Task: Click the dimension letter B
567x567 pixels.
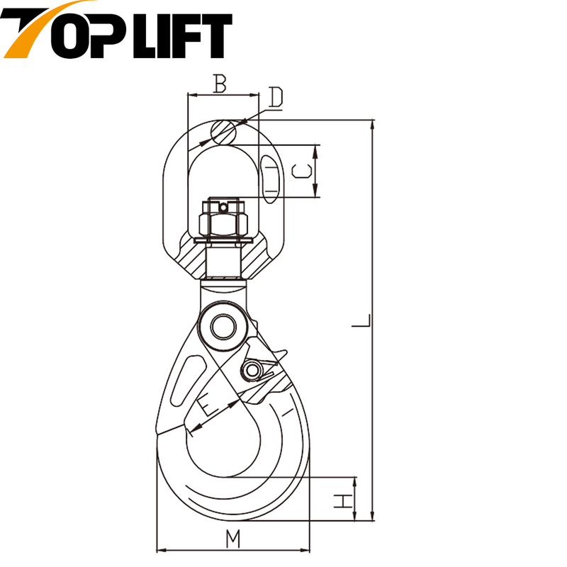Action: tap(220, 84)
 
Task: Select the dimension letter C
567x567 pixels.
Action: tap(302, 171)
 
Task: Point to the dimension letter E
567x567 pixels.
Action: tap(208, 405)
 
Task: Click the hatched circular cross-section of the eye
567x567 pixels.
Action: tap(222, 131)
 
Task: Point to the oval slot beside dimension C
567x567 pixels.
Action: tap(271, 177)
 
